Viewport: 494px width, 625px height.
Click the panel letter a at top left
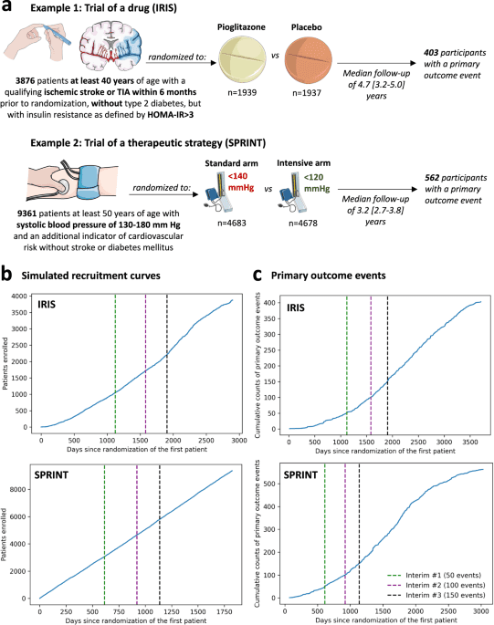7,7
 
